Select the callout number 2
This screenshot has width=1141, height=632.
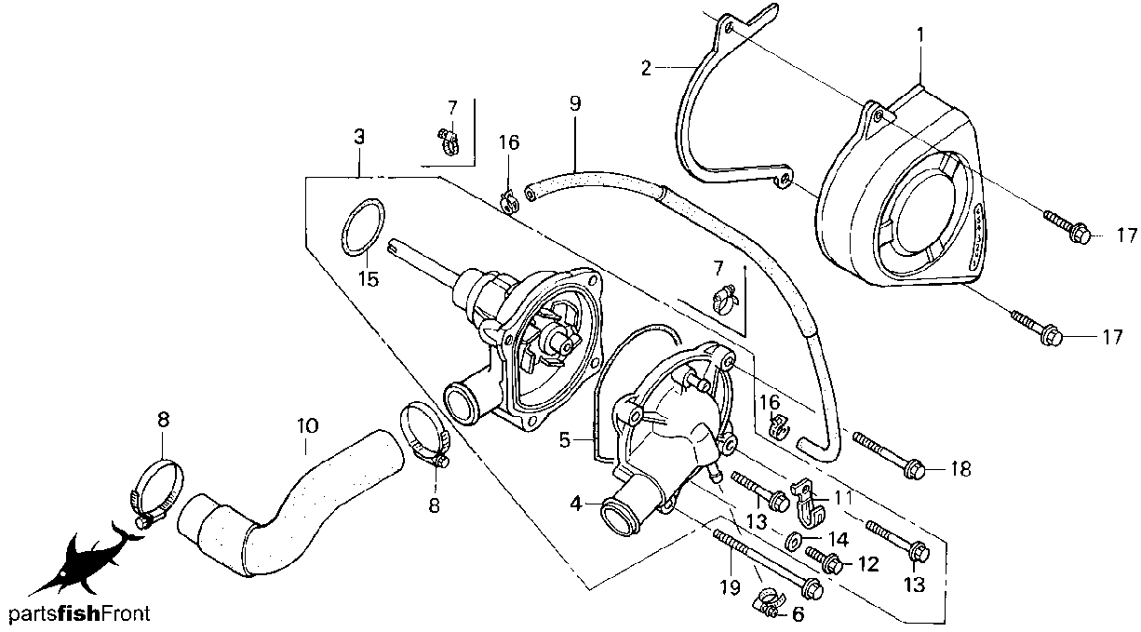click(645, 68)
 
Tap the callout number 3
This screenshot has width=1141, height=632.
click(359, 136)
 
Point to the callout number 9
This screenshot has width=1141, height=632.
click(575, 102)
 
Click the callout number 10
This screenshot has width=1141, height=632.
click(307, 425)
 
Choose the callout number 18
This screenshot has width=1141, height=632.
click(960, 470)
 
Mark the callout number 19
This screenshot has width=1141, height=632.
click(729, 587)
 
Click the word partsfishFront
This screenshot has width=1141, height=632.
click(79, 614)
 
